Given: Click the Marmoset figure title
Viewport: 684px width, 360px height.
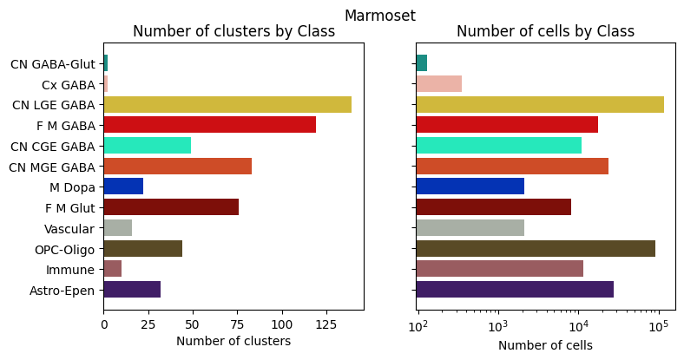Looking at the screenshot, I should click(x=379, y=15).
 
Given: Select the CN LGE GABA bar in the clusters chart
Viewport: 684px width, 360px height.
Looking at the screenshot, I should click(x=227, y=104).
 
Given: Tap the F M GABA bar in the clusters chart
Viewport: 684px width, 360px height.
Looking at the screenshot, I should click(x=209, y=125).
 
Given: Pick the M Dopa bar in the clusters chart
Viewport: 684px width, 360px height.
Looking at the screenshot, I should click(x=123, y=187).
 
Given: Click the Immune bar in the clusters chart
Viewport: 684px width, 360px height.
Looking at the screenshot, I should click(x=112, y=269).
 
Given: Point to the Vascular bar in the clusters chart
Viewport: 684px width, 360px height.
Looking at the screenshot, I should click(x=117, y=228).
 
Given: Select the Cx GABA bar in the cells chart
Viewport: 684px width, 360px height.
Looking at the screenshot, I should click(x=439, y=84).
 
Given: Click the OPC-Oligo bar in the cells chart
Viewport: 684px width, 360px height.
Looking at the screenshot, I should click(x=536, y=248).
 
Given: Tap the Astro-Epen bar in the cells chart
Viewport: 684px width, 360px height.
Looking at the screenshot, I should click(x=515, y=290).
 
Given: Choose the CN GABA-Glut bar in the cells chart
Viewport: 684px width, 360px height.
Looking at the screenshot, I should click(x=422, y=63).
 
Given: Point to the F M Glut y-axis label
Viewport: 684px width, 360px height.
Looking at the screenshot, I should click(x=70, y=208).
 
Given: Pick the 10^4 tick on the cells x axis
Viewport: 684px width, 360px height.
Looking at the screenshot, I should click(x=578, y=326).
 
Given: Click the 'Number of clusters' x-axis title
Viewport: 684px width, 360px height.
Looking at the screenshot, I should click(x=233, y=342).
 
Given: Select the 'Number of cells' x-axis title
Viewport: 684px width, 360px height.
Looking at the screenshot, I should click(x=545, y=344).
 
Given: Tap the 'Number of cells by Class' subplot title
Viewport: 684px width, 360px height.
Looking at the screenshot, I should click(x=545, y=32).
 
